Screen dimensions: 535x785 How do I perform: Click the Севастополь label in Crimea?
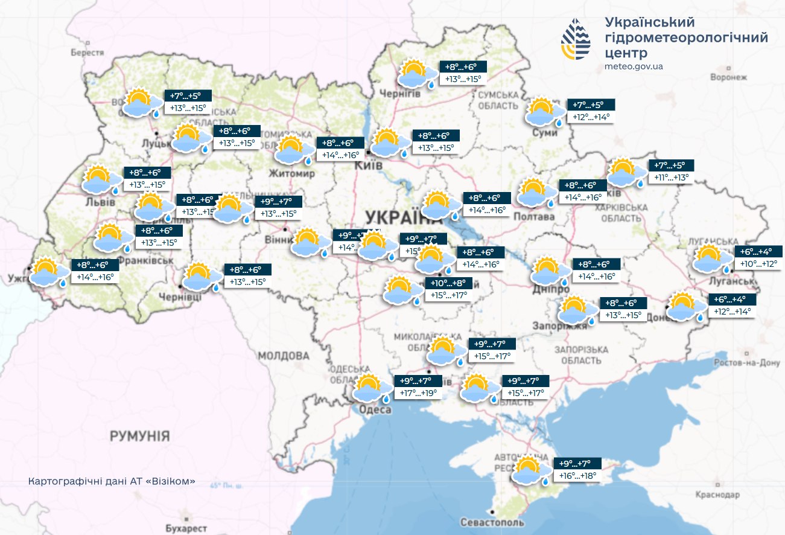492,522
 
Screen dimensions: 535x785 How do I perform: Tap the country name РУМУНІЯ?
140,436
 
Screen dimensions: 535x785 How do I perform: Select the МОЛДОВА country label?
283,356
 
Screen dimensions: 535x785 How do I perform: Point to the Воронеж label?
728,77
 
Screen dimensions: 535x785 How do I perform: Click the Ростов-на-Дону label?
746,363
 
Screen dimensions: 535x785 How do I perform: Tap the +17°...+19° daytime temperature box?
419,393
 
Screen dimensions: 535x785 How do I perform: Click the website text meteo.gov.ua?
634,66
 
